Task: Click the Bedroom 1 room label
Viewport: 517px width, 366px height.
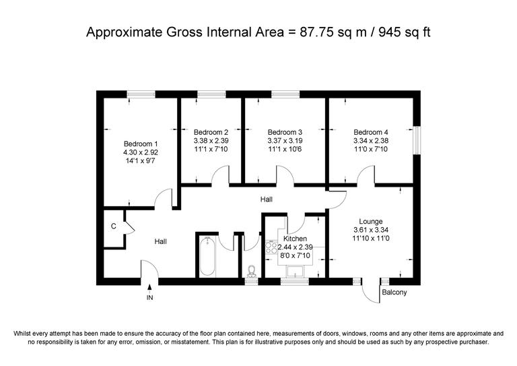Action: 141,144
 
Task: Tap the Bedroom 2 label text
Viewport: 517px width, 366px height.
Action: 211,132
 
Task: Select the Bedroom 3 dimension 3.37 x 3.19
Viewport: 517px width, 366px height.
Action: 285,141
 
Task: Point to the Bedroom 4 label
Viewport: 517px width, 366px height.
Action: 371,132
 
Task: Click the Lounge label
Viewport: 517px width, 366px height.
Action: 371,221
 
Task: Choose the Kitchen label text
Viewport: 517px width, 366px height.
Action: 295,239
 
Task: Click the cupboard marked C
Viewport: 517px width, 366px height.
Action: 113,226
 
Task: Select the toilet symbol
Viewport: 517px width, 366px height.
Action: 251,271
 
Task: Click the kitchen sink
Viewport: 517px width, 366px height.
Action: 295,271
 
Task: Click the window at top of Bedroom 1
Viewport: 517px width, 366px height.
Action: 141,95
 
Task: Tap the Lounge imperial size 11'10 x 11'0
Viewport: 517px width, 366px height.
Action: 371,239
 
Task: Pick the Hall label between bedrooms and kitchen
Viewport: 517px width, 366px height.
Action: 267,200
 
